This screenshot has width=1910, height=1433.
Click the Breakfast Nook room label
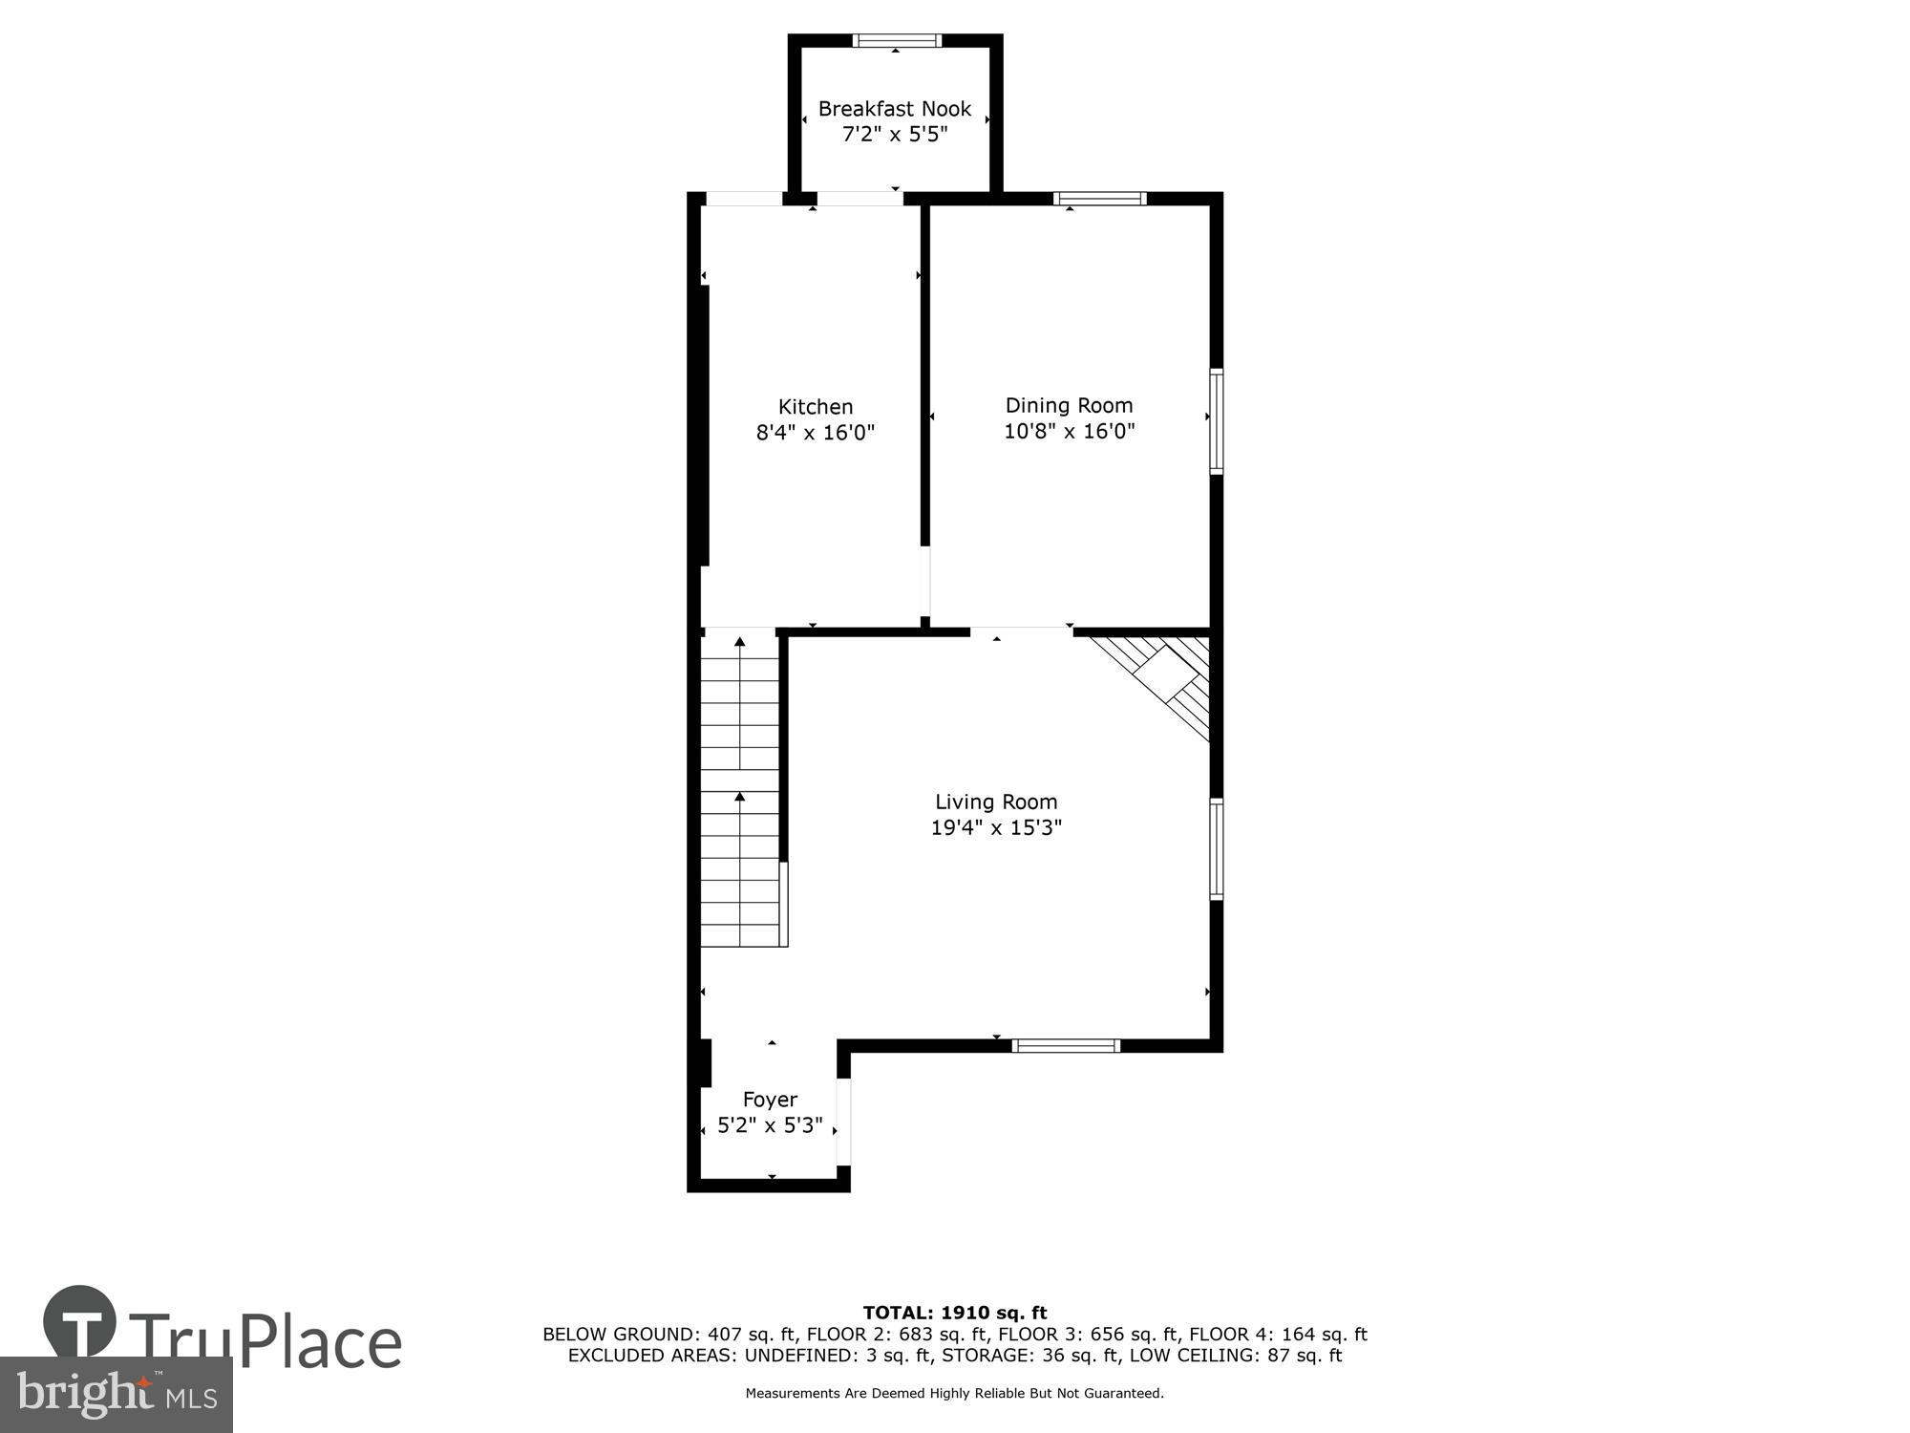tap(894, 109)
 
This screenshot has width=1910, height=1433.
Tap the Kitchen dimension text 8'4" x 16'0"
tap(815, 433)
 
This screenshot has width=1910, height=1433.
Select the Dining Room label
tap(1069, 405)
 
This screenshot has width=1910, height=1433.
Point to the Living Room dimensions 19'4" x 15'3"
tap(996, 827)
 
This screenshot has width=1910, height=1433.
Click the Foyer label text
tap(770, 1100)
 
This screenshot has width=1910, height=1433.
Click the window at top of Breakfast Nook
tap(896, 41)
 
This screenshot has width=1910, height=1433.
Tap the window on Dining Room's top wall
tap(1099, 199)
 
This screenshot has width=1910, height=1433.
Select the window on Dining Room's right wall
tap(1216, 421)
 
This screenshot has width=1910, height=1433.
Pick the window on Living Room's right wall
tap(1216, 849)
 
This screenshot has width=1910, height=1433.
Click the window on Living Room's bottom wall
tap(1065, 1045)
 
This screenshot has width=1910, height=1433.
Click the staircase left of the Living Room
tap(740, 793)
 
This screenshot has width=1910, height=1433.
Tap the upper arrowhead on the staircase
tap(739, 642)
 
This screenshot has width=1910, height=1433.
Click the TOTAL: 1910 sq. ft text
tap(954, 1313)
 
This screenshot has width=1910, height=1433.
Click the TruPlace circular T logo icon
tap(80, 1322)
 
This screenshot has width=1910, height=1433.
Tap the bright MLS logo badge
tap(116, 1395)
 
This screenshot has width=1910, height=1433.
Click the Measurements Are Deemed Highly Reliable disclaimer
tap(954, 1394)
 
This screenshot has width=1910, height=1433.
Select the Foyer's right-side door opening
tap(843, 1123)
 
